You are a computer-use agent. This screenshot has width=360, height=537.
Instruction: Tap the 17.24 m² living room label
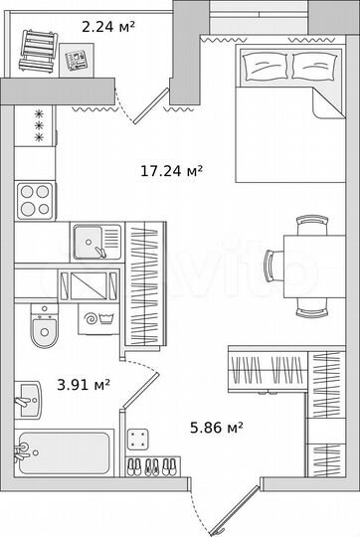[171, 170]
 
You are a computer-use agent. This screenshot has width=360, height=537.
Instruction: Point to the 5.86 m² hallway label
[217, 428]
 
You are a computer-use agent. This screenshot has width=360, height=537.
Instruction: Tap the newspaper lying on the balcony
[76, 60]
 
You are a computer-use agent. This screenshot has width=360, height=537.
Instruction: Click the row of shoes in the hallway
[154, 466]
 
